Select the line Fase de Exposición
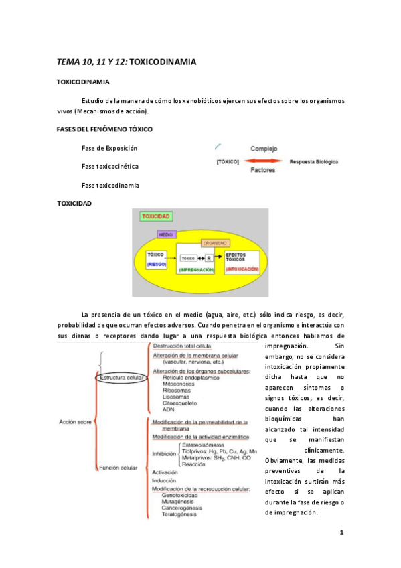tap(110, 148)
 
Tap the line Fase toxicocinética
tap(111, 166)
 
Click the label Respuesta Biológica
tap(313, 162)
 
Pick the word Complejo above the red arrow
tap(265, 149)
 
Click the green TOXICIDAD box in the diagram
tap(156, 217)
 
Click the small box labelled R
tap(210, 257)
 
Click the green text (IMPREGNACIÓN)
tap(197, 269)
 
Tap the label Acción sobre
tap(75, 421)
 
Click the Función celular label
tap(120, 467)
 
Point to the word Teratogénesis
tap(175, 514)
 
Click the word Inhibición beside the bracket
tap(164, 453)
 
